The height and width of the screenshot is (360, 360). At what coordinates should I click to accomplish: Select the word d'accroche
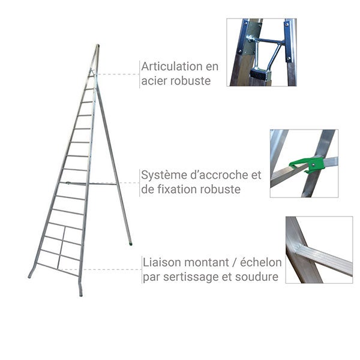(x=218, y=175)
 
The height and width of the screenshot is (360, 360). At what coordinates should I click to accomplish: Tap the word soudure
(x=258, y=277)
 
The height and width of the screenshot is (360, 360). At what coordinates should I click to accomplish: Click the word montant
(x=208, y=263)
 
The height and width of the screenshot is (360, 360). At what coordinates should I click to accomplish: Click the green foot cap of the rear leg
(x=130, y=243)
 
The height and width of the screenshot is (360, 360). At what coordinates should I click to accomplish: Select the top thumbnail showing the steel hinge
(x=262, y=52)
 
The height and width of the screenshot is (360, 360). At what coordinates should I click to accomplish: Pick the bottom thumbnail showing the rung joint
(x=319, y=250)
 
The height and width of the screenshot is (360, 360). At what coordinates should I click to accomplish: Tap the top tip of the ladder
(x=97, y=46)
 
